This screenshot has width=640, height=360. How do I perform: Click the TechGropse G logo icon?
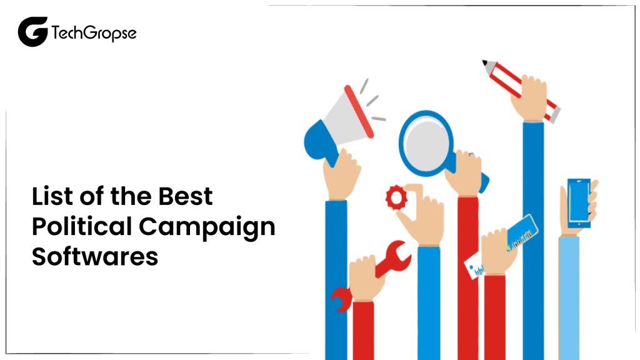pos(32,31)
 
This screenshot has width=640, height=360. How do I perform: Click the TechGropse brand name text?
pos(93,32)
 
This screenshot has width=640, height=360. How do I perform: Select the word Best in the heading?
pos(184,196)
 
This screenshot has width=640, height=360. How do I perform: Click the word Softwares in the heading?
pos(95,256)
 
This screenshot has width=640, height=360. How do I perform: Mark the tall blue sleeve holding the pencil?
pos(533,237)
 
